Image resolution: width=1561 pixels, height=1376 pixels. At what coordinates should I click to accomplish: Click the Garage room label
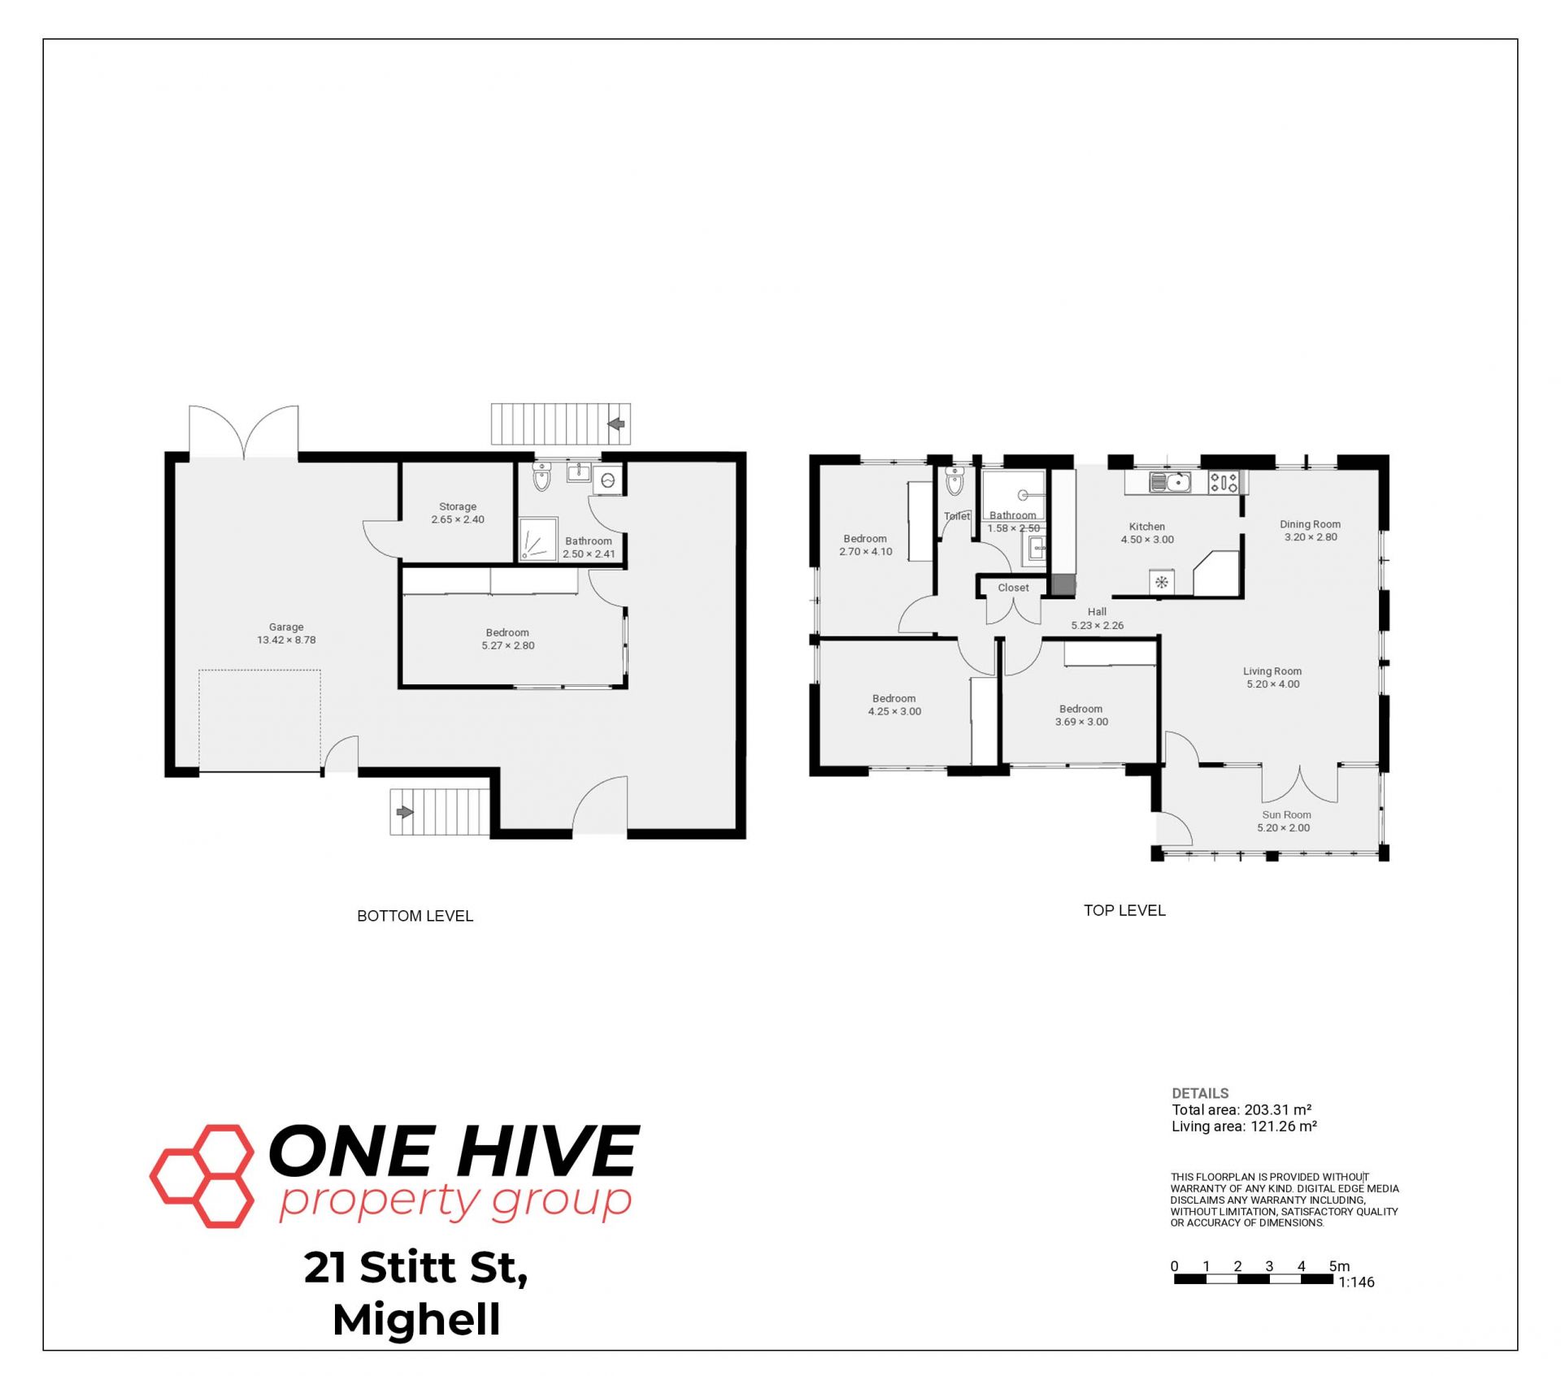(x=286, y=633)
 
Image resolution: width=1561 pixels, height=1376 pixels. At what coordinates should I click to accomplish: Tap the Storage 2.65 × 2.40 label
(x=458, y=513)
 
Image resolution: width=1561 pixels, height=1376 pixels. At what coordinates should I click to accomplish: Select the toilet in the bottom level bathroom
(x=541, y=477)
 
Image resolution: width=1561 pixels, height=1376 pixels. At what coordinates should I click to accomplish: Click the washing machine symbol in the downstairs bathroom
(x=607, y=481)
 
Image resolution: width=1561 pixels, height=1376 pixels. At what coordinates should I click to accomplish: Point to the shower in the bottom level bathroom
(x=539, y=539)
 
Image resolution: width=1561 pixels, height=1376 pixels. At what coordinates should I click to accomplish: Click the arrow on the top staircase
(x=615, y=423)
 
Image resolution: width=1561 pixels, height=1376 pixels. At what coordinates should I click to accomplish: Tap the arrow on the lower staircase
(x=405, y=812)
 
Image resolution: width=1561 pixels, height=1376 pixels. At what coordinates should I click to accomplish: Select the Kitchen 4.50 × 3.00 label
(x=1147, y=533)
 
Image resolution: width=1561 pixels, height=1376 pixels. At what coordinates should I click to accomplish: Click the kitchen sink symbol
(x=1170, y=482)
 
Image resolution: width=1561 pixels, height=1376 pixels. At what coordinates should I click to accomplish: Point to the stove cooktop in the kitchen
(x=1224, y=483)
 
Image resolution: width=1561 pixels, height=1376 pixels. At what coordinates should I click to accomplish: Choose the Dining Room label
(x=1310, y=531)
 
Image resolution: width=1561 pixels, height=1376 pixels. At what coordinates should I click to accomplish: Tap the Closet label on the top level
(x=1013, y=588)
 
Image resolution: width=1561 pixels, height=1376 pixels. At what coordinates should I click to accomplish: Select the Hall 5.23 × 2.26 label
(x=1097, y=619)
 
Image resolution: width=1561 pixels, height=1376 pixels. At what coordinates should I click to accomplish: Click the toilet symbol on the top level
(x=954, y=481)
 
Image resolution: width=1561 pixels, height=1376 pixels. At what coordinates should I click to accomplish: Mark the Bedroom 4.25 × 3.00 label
(x=894, y=705)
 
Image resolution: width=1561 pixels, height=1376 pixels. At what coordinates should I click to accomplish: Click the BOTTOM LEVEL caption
(x=415, y=916)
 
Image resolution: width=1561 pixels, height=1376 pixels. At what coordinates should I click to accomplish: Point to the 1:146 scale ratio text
(x=1356, y=1283)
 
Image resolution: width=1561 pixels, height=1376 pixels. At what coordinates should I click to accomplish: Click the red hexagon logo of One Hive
(x=202, y=1175)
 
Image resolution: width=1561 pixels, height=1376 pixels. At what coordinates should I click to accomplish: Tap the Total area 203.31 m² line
(x=1241, y=1109)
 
